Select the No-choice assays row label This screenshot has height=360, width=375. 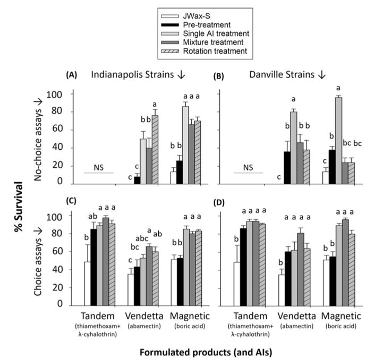39,138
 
